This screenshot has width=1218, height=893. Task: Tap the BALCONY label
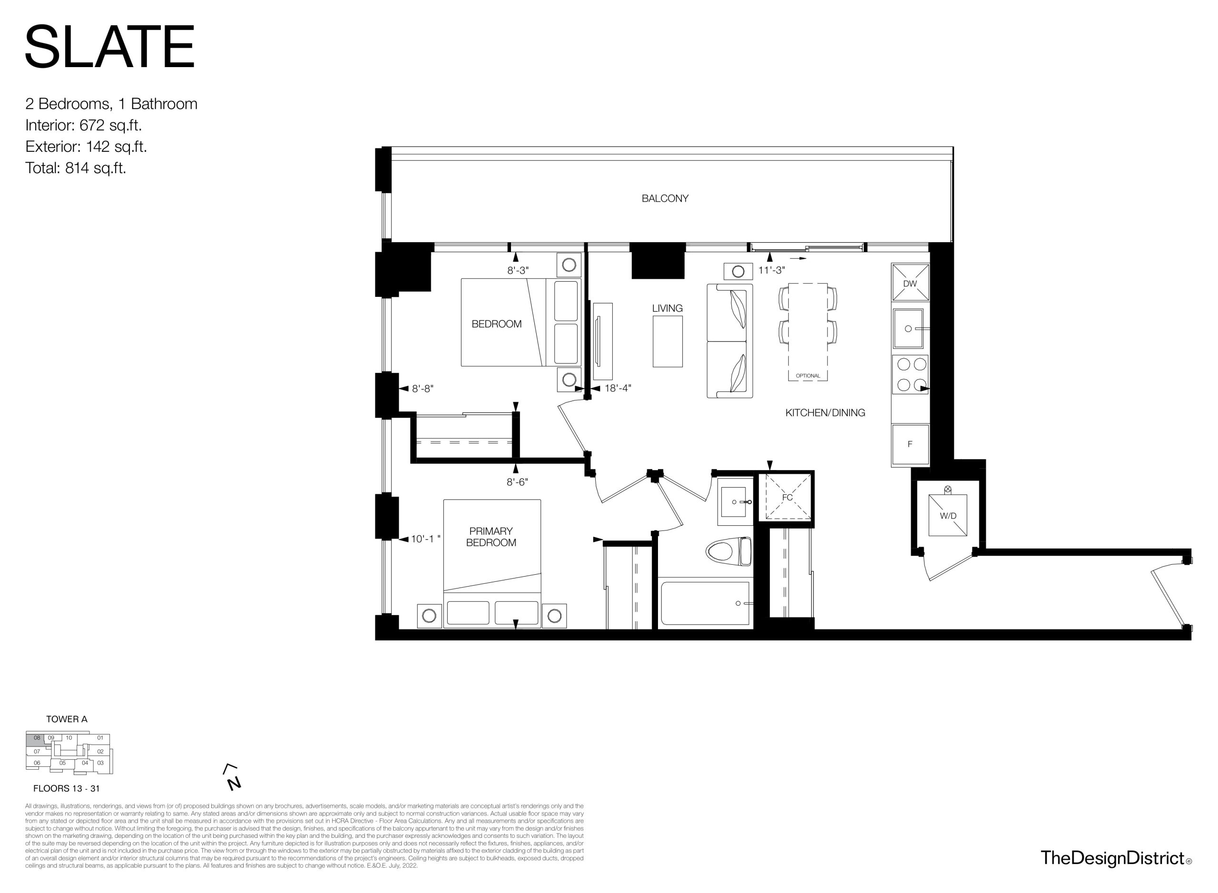coord(665,198)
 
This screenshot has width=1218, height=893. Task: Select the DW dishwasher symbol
coord(910,282)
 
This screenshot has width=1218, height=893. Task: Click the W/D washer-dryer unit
coord(948,515)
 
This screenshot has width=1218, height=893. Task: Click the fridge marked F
coord(910,444)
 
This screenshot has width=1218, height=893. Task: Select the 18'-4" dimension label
coord(618,388)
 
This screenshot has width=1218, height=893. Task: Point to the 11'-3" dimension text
coord(771,270)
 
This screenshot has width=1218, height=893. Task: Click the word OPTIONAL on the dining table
coord(808,376)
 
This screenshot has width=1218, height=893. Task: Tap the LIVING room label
coord(667,308)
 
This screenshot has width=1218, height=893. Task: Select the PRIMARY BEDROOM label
coord(491,537)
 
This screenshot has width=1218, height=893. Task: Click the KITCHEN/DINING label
coord(825,412)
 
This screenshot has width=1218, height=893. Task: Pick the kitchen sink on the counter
coord(908,328)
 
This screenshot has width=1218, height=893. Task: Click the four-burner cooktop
coord(910,374)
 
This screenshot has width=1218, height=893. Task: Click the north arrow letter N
coord(234,783)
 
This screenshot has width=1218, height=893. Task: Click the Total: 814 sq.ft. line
coord(76,168)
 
